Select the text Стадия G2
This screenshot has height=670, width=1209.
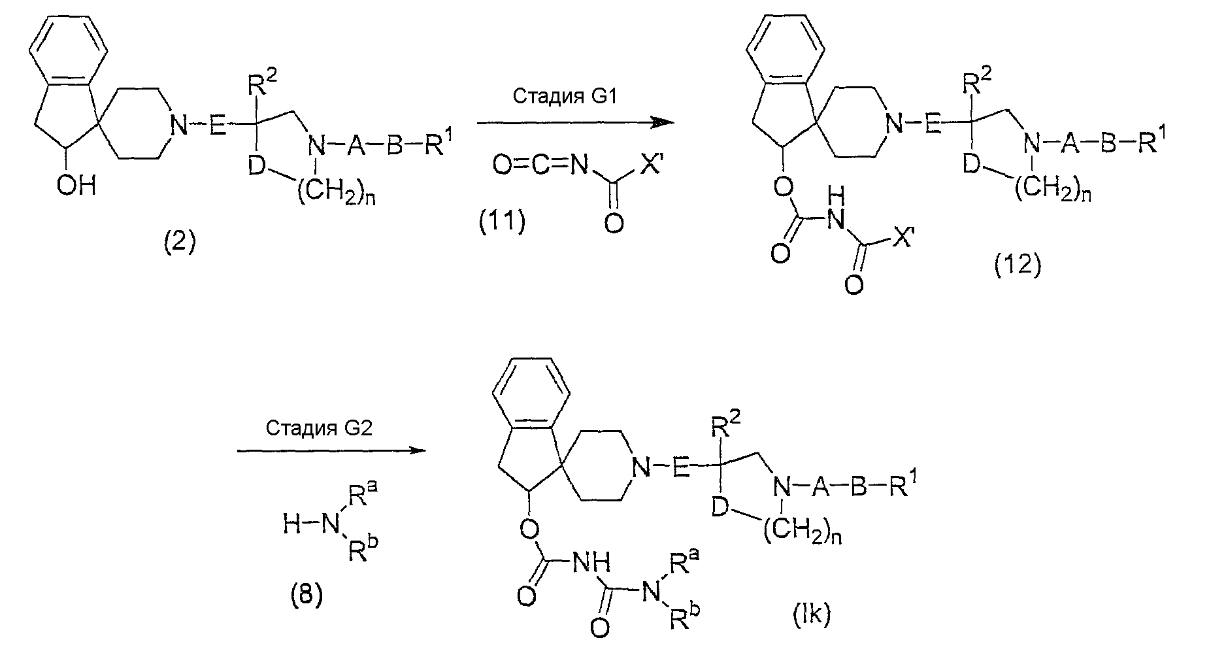tap(318, 428)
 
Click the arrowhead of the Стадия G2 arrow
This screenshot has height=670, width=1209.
tap(416, 450)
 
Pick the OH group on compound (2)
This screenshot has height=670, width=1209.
tap(76, 186)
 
